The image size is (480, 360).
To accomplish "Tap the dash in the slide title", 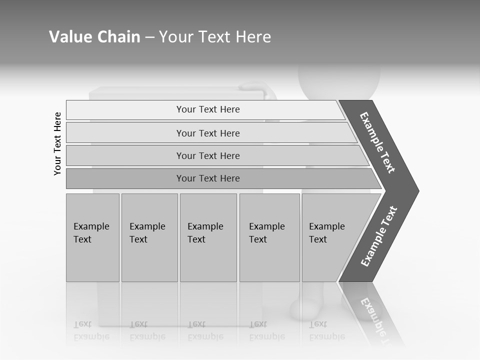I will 149,37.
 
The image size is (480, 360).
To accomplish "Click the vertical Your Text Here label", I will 57,143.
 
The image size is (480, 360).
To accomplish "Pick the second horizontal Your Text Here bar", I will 208,133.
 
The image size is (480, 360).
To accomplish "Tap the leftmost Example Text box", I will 92,237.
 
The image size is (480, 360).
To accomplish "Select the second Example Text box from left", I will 149,237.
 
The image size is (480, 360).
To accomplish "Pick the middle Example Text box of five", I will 208,237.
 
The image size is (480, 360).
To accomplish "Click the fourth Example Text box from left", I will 269,237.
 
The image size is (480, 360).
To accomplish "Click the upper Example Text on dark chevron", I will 378,142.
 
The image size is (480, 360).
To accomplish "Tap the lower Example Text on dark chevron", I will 379,236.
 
